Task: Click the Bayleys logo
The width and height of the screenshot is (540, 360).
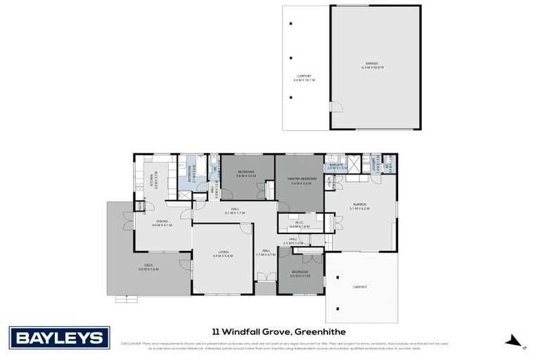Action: [58, 337]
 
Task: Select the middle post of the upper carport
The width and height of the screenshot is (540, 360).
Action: [290, 58]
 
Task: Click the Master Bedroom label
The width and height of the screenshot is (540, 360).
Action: [300, 181]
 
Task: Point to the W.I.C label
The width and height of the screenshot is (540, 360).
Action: [300, 226]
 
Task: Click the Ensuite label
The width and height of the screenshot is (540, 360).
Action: [337, 167]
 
